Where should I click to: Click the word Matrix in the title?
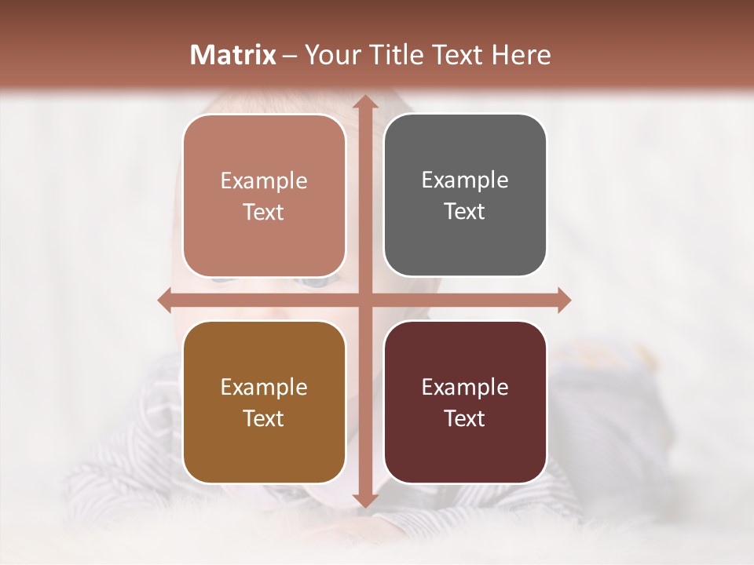coord(233,55)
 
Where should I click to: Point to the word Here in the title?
coord(521,55)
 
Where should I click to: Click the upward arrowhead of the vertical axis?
coord(364,103)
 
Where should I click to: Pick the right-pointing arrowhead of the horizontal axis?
coord(563,300)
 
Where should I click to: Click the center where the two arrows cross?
coord(364,300)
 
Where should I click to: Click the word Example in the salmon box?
coord(264,181)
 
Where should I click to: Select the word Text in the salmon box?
coord(264,212)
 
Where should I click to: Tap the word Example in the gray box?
coord(465,180)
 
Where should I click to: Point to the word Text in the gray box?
coord(465,211)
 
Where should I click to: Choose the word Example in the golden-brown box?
coord(264,388)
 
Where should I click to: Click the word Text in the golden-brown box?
coord(264,418)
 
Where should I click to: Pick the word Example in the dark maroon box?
coord(465,388)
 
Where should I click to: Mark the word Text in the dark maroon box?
coord(465,418)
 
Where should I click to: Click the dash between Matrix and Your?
coord(289,55)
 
